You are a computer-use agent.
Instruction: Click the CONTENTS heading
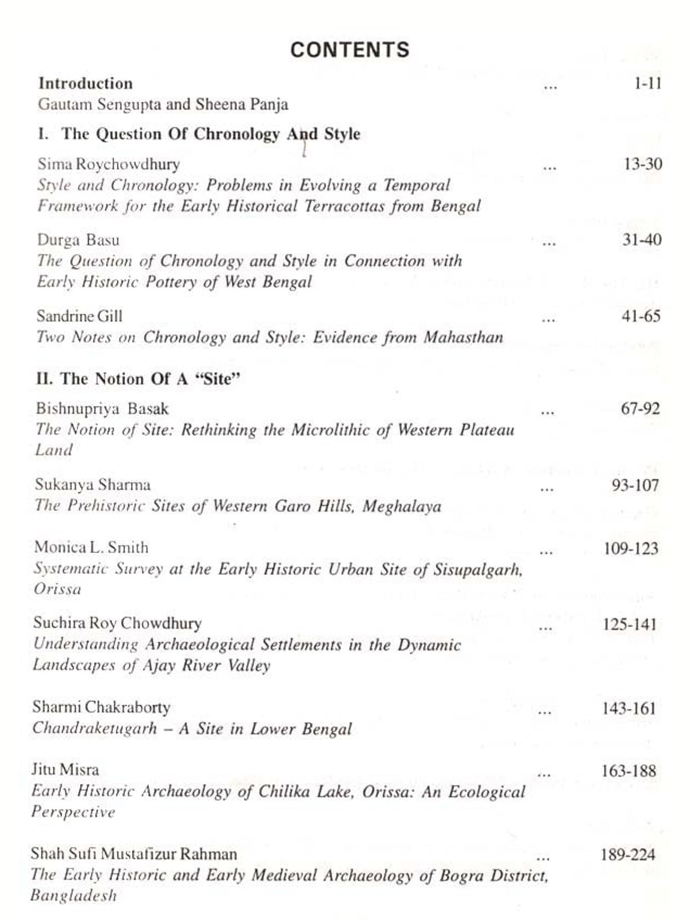pos(350,50)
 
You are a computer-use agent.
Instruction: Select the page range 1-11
pos(648,84)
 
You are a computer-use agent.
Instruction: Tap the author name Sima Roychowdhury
pos(109,164)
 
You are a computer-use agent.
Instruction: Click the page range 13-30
pos(643,164)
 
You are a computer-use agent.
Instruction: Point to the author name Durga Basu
pos(78,240)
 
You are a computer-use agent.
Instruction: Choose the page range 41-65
pos(641,316)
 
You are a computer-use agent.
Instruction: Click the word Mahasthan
pos(463,338)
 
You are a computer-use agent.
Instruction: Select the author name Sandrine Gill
pos(80,316)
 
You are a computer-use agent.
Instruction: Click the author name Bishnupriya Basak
pos(102,409)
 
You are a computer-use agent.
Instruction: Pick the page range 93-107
pos(635,486)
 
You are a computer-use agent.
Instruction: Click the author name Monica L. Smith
pos(91,548)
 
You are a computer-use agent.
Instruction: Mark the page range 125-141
pos(630,625)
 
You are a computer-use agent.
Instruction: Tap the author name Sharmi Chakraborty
pos(101,707)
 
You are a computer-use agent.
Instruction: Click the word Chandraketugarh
pos(95,729)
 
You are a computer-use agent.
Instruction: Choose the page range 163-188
pos(629,771)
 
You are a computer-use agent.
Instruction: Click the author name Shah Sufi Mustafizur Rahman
pos(134,854)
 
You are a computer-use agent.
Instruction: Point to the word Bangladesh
pos(74,896)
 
